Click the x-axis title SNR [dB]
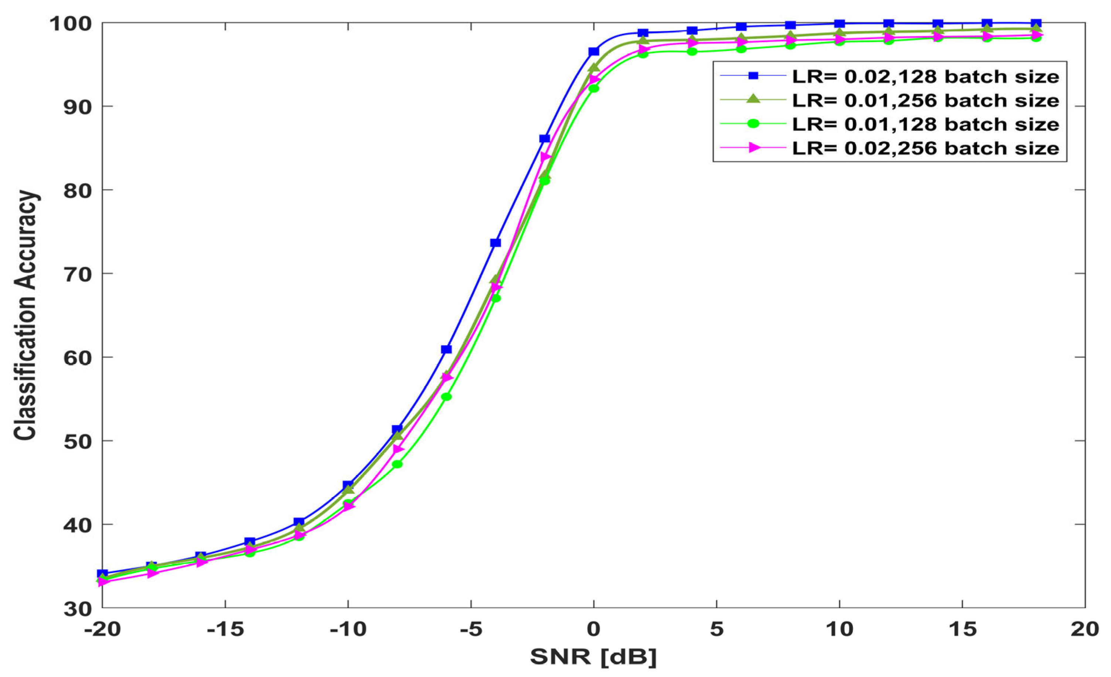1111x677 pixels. coord(593,657)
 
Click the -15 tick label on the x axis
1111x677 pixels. coord(225,629)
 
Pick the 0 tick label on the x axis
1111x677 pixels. coord(594,629)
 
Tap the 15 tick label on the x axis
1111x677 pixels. coord(962,629)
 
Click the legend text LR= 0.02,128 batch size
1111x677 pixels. coord(926,77)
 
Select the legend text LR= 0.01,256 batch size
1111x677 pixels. coord(926,100)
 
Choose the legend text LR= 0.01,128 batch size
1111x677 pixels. coord(926,124)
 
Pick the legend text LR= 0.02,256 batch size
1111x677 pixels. coord(926,148)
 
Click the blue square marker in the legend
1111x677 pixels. coord(753,76)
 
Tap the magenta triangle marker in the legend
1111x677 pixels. coord(753,148)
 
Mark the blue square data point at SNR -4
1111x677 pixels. coord(495,243)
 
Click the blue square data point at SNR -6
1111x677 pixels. coord(446,349)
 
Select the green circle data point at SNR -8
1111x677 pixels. coord(397,464)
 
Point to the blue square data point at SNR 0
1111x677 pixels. coord(594,51)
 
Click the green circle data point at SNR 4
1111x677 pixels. coord(692,51)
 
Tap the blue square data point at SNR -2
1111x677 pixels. coord(545,138)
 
